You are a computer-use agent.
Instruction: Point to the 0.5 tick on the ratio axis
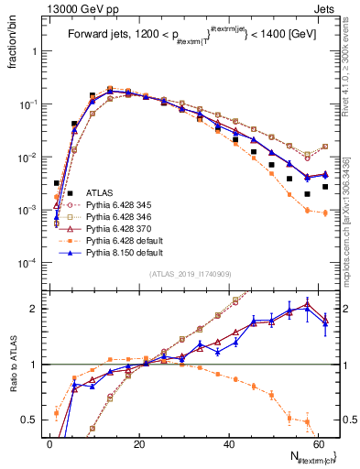(x=33, y=420)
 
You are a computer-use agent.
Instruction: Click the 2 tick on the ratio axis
(x=37, y=309)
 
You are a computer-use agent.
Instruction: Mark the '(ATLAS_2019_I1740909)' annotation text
(x=190, y=274)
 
